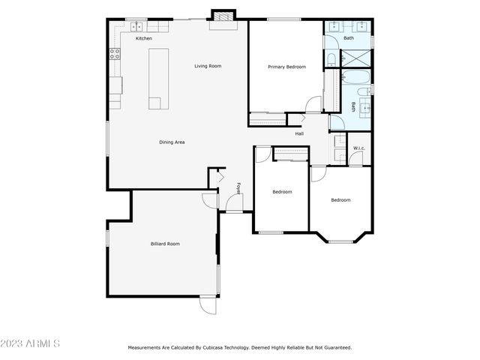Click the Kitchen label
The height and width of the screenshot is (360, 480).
click(x=143, y=38)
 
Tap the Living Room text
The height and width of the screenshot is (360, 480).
click(x=208, y=66)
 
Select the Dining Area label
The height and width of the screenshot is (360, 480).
click(x=172, y=142)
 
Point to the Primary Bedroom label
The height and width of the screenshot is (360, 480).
click(x=286, y=67)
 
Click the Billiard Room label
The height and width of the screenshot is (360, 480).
click(x=165, y=243)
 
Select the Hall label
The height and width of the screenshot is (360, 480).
click(x=299, y=133)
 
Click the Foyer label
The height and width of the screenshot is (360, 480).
click(x=238, y=188)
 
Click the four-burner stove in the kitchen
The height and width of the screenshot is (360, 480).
click(x=115, y=53)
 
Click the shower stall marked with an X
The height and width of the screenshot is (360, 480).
click(x=355, y=57)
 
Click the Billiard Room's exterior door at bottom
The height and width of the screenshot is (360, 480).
click(x=208, y=305)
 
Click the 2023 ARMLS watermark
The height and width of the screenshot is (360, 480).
click(x=30, y=343)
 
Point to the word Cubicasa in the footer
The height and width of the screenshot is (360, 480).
click(x=216, y=347)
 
